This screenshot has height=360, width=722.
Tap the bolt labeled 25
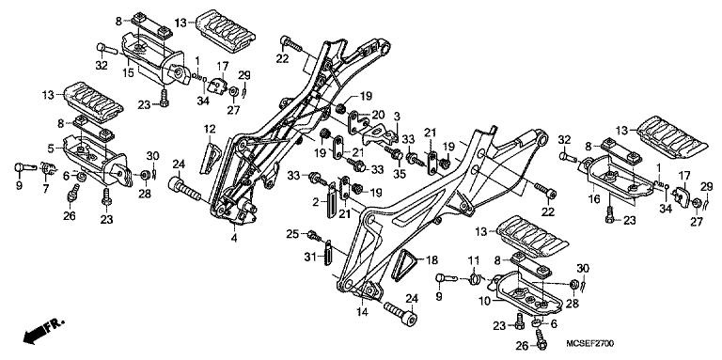320,232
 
